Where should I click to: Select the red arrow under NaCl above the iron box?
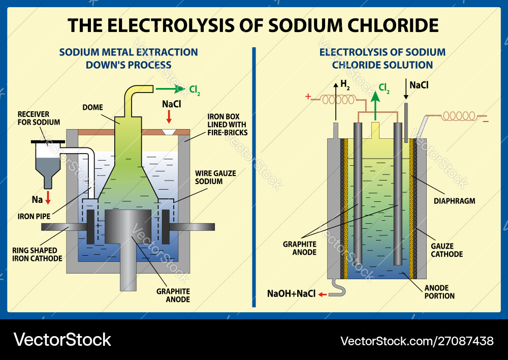tap(169, 117)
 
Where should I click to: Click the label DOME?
tap(92, 107)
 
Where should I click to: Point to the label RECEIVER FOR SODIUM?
tap(39, 118)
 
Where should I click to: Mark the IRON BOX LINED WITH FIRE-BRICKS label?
tap(227, 125)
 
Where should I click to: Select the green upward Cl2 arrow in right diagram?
tap(376, 102)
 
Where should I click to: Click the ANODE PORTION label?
tap(439, 292)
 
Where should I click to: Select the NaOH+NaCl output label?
tap(291, 294)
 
